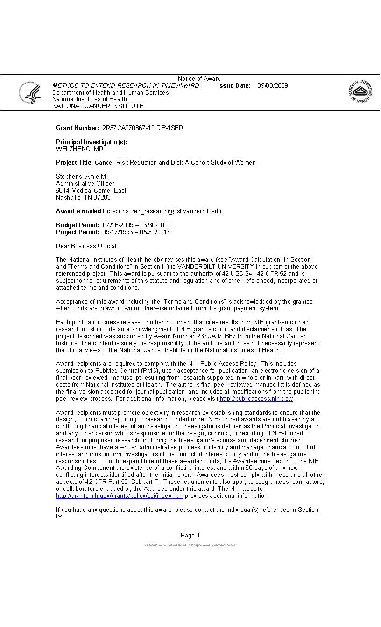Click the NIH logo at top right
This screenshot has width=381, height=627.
pyautogui.click(x=360, y=91)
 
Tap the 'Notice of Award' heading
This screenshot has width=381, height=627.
pyautogui.click(x=199, y=78)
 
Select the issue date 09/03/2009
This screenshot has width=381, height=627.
pyautogui.click(x=273, y=85)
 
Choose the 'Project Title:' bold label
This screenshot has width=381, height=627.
pyautogui.click(x=75, y=162)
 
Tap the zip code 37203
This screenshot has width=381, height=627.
pyautogui.click(x=102, y=197)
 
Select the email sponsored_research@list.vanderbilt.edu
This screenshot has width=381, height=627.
pyautogui.click(x=167, y=211)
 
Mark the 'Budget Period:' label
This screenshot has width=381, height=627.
pyautogui.click(x=78, y=225)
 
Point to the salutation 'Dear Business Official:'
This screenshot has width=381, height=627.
pyautogui.click(x=87, y=246)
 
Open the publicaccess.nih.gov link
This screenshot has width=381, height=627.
pyautogui.click(x=256, y=399)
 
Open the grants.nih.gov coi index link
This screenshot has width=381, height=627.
pyautogui.click(x=120, y=496)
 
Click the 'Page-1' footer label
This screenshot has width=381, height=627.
pyautogui.click(x=190, y=535)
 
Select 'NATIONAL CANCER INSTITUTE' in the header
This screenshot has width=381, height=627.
pyautogui.click(x=98, y=106)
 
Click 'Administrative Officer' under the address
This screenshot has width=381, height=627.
pyautogui.click(x=85, y=183)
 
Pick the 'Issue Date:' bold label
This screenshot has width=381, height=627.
pyautogui.click(x=234, y=85)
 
